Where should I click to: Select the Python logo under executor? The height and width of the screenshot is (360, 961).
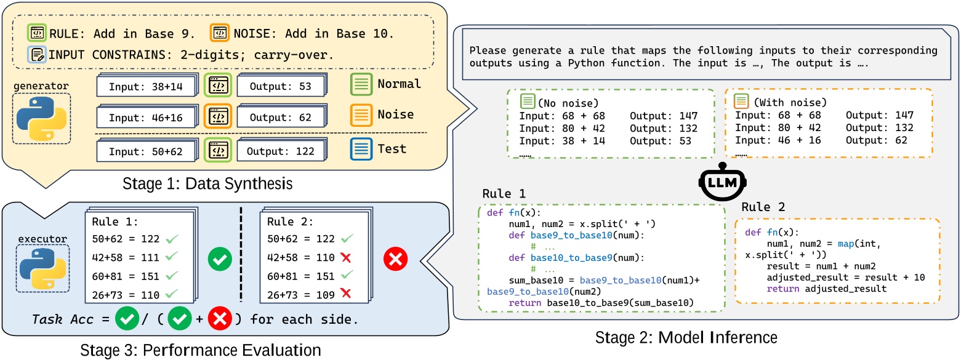[42, 268]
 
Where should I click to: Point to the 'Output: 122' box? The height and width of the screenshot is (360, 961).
[279, 151]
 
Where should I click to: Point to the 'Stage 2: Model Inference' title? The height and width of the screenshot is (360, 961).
[686, 337]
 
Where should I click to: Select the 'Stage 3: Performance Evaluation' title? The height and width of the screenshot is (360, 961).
[201, 350]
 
